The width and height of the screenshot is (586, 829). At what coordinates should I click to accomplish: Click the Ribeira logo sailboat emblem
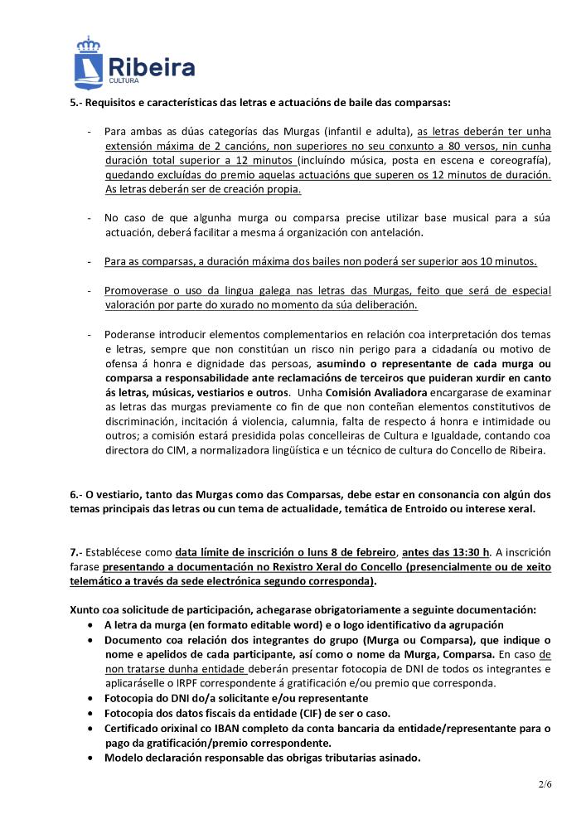click(88, 62)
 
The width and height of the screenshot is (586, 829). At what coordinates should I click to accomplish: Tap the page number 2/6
click(543, 781)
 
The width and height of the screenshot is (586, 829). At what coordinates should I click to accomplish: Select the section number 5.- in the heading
click(75, 103)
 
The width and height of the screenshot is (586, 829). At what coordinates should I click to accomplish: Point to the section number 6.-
click(75, 494)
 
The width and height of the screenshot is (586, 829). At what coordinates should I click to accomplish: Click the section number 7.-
click(75, 552)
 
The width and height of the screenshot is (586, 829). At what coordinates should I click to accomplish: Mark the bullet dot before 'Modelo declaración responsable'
click(91, 758)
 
